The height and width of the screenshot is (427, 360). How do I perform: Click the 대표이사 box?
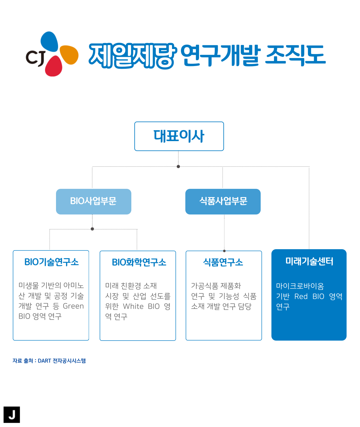pyautogui.click(x=179, y=136)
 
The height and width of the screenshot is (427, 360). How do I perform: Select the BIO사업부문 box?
pyautogui.click(x=94, y=201)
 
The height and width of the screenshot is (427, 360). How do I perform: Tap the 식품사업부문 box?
pyautogui.click(x=223, y=201)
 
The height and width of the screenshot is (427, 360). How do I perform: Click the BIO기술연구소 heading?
pyautogui.click(x=51, y=262)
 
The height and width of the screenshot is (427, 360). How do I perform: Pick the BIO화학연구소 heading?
pyautogui.click(x=139, y=263)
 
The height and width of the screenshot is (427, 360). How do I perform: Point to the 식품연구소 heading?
pyautogui.click(x=223, y=263)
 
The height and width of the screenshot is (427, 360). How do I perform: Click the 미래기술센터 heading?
pyautogui.click(x=309, y=261)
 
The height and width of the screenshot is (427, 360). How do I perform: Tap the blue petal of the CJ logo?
pyautogui.click(x=49, y=42)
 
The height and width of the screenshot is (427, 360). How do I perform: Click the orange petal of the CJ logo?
pyautogui.click(x=69, y=55)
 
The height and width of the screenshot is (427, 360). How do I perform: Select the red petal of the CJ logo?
pyautogui.click(x=54, y=66)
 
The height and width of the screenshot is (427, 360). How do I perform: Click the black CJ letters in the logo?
pyautogui.click(x=36, y=58)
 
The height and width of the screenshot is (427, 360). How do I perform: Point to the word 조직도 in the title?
pyautogui.click(x=295, y=55)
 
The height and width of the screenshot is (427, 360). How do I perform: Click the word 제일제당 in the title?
pyautogui.click(x=133, y=56)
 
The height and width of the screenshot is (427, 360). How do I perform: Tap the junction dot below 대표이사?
pyautogui.click(x=178, y=166)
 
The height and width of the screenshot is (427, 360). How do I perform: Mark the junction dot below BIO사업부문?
pyautogui.click(x=92, y=229)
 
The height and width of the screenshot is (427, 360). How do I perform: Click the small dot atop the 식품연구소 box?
pyautogui.click(x=224, y=251)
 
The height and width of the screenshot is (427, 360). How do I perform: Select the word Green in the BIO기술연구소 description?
pyautogui.click(x=73, y=306)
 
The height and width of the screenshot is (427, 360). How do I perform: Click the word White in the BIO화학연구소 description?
pyautogui.click(x=133, y=306)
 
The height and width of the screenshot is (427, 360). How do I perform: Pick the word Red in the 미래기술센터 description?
pyautogui.click(x=301, y=296)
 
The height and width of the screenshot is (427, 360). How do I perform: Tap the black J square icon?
pyautogui.click(x=12, y=415)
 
